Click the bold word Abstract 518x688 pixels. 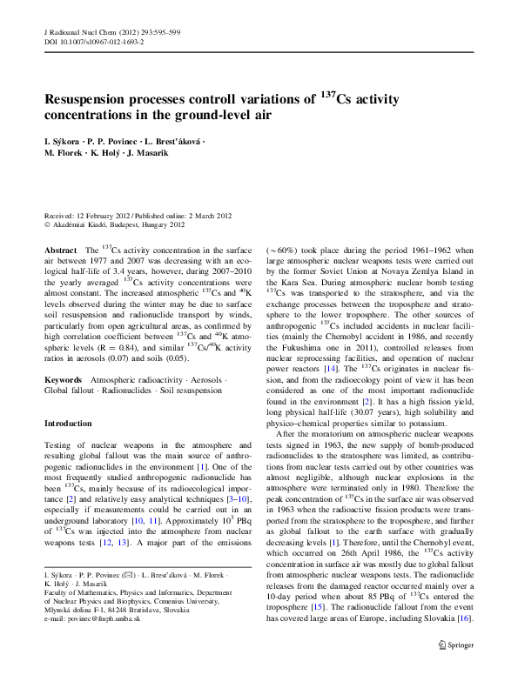coord(61,250)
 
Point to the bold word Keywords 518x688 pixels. coord(64,381)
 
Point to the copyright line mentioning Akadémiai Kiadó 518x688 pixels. coord(115,224)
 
